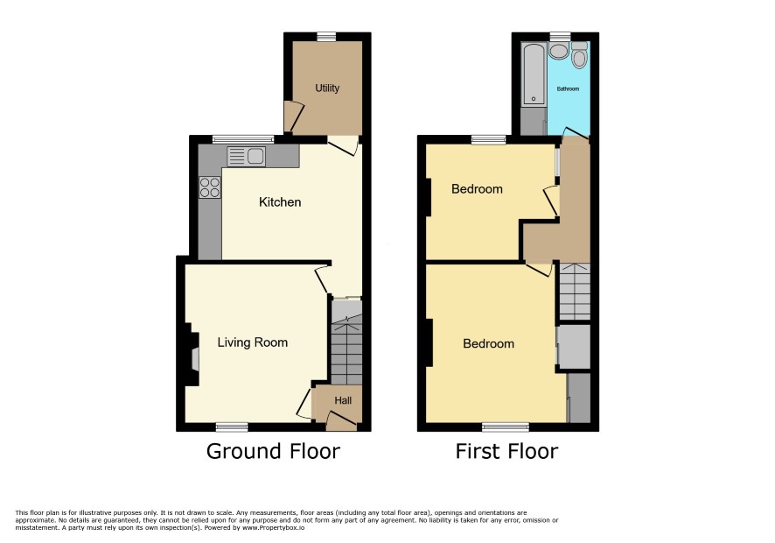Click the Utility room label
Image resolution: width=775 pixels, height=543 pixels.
pos(327,88)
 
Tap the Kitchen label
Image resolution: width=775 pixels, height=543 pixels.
pos(280,202)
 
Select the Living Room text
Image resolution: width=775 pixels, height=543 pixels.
pos(253,342)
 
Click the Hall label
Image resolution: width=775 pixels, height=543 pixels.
pos(343,400)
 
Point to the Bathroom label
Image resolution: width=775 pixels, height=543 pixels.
pos(568,89)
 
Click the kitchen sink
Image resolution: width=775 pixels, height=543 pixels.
pos(247,157)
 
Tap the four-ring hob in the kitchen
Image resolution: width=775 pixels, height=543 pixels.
pos(210,187)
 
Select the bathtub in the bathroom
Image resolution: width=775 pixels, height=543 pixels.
pos(534,74)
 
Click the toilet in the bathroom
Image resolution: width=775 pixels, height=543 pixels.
pos(579,54)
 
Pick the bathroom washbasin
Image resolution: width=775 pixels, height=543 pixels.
pos(559,51)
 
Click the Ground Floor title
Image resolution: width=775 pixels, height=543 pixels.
pos(273,451)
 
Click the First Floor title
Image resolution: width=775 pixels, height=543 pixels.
pos(506,451)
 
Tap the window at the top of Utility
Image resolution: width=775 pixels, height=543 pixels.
pos(326,37)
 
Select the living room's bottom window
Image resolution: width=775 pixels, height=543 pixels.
pos(232,427)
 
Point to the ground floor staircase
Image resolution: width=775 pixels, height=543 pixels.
pos(346,342)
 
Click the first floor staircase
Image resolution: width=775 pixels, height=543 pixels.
pos(575,291)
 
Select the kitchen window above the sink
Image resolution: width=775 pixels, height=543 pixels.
pos(243,139)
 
